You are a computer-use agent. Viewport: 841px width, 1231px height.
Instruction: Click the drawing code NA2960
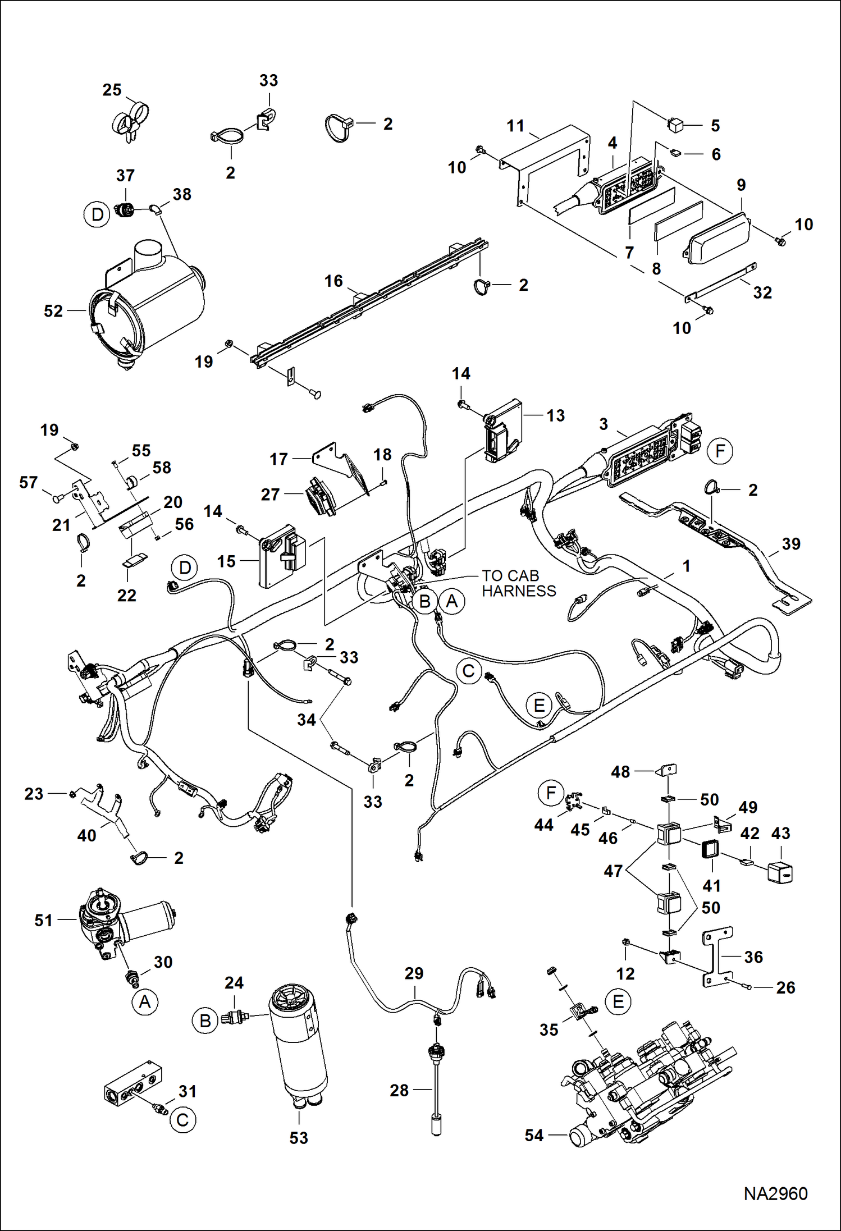[775, 1193]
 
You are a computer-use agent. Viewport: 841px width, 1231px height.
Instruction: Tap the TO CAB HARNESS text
[518, 583]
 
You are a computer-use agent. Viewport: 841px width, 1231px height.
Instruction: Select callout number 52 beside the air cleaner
[53, 311]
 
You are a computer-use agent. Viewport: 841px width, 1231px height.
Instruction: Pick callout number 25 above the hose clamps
[112, 90]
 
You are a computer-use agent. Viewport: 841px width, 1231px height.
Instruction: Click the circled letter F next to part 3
[720, 451]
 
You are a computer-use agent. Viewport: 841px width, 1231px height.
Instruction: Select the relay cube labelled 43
[780, 871]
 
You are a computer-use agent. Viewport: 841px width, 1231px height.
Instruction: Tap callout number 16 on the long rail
[333, 281]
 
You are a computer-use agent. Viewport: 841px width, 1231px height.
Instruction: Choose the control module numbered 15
[284, 556]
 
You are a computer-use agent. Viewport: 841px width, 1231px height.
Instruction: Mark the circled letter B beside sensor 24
[205, 1021]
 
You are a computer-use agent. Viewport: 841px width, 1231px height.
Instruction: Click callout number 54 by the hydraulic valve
[534, 1136]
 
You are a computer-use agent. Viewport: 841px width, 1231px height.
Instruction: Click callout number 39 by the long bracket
[790, 543]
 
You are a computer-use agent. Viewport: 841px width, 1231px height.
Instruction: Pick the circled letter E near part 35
[618, 1002]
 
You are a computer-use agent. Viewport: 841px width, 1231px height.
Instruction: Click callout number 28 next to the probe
[399, 1090]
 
